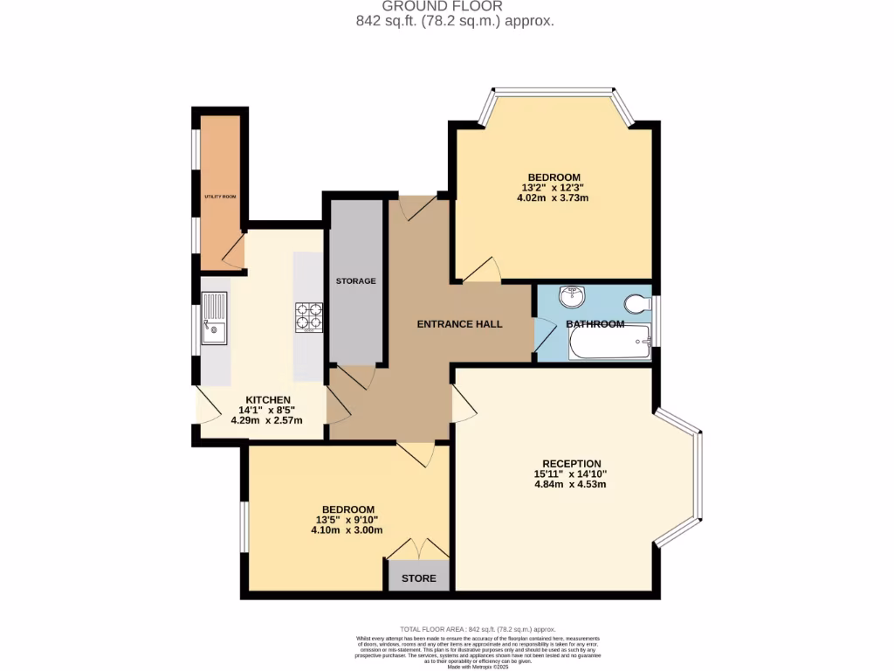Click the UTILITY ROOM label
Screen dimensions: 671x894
pos(220,197)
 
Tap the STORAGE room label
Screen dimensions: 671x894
pos(356,280)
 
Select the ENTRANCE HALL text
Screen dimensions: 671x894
pos(459,324)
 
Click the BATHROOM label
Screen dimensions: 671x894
pos(595,324)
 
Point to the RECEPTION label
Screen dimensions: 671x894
pos(571,464)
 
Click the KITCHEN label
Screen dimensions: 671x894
pos(266,399)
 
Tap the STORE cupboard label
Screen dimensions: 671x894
pos(418,578)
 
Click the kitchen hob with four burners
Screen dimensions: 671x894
pos(309,316)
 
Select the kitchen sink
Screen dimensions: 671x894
pos(214,318)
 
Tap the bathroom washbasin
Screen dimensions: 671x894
pos(573,296)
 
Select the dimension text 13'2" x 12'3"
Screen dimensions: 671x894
pos(553,187)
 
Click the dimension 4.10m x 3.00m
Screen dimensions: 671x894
pos(347,529)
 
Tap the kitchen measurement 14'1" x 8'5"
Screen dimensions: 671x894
pos(266,410)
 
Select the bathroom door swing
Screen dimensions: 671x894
pos(544,335)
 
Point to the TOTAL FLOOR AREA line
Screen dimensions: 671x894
pos(478,629)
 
